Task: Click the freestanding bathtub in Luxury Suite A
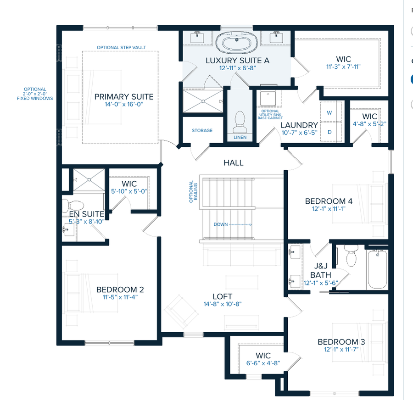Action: click(x=238, y=44)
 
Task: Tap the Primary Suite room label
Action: click(x=124, y=97)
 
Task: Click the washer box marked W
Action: click(x=329, y=112)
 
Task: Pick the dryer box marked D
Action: click(x=329, y=132)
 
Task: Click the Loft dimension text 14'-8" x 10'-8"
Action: click(x=222, y=304)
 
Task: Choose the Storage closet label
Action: click(x=202, y=130)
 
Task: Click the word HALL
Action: click(x=233, y=163)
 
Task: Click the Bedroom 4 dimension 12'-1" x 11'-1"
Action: click(x=329, y=209)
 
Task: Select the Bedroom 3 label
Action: click(x=338, y=342)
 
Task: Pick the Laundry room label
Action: click(x=299, y=125)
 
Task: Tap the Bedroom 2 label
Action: click(x=120, y=290)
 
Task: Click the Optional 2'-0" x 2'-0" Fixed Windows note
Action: click(x=35, y=94)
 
